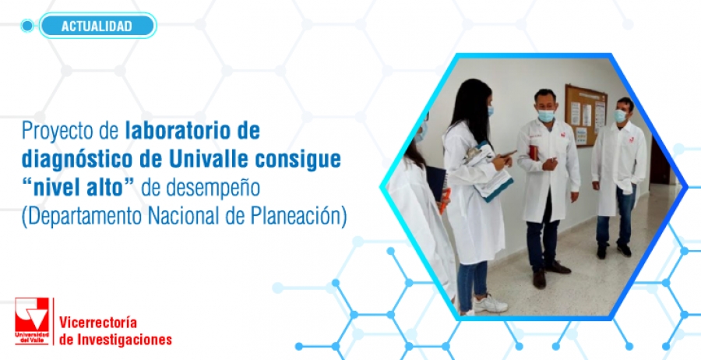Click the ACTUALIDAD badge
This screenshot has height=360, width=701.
tap(97, 26)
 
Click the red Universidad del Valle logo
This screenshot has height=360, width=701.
tap(31, 321)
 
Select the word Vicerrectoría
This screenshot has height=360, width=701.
tap(98, 322)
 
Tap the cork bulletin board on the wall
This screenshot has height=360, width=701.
tap(586, 115)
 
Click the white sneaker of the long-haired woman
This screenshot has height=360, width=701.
tap(490, 304)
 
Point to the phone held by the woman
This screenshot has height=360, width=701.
tap(507, 154)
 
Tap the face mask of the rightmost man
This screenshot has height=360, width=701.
tap(620, 116)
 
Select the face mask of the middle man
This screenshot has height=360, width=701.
tap(545, 116)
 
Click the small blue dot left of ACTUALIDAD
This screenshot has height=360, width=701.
tap(27, 26)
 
